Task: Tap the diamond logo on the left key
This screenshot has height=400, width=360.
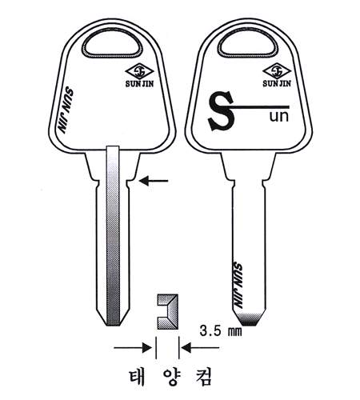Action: pos(139,71)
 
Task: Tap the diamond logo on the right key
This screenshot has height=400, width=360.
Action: pos(277,71)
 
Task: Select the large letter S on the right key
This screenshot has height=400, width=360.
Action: pos(221,111)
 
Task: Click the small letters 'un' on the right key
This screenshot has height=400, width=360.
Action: pos(279,117)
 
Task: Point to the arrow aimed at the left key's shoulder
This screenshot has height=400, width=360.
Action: pos(154,181)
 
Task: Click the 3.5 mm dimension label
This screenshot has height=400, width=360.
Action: pos(221,331)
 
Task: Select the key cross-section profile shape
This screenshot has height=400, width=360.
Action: pos(168,311)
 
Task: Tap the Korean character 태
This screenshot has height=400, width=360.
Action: pos(138,377)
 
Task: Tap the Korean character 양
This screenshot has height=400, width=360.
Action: pos(171,377)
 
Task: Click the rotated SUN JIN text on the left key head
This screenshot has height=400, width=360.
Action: pos(66,110)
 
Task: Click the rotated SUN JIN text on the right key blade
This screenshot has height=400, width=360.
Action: pos(238,286)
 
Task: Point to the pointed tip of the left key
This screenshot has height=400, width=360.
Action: pos(113,325)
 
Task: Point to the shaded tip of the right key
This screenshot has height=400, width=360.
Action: pos(249,319)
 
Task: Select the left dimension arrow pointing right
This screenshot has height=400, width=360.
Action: pos(133,348)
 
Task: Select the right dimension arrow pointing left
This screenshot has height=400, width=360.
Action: pos(201,348)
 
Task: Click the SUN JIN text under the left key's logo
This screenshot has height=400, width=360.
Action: pos(139,83)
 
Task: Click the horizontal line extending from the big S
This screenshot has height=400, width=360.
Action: pos(258,107)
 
